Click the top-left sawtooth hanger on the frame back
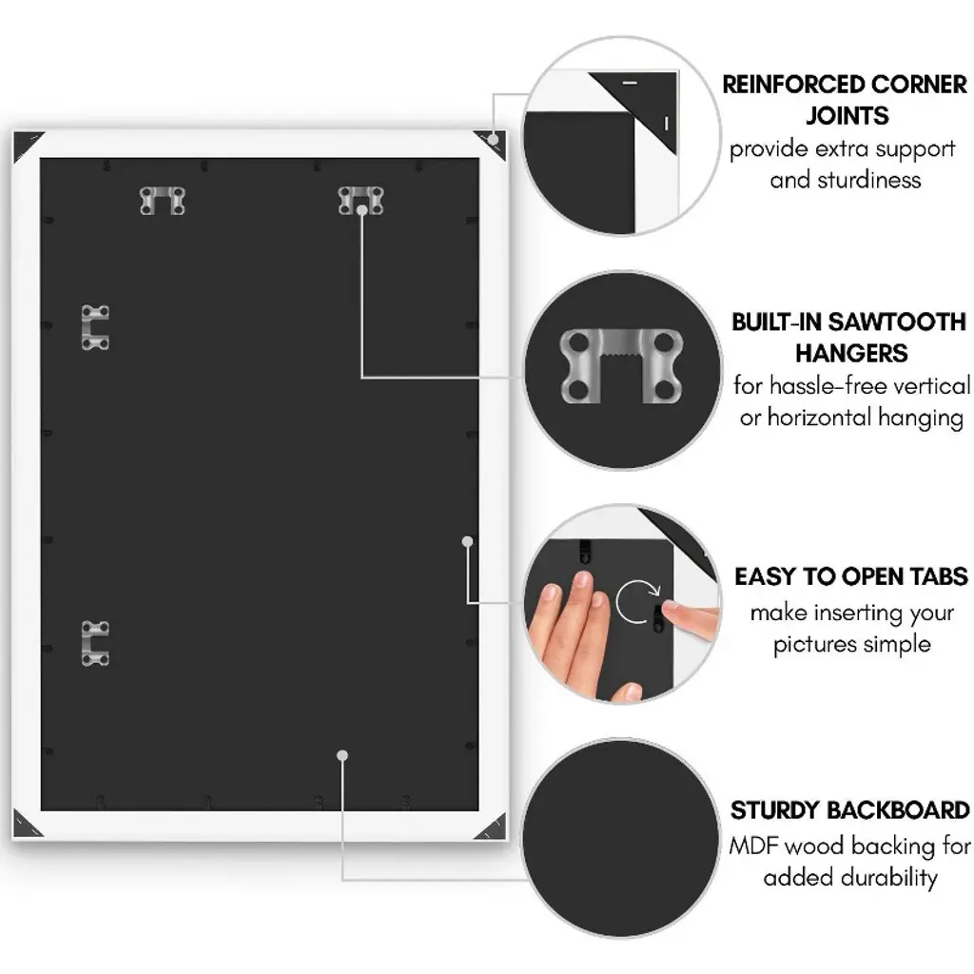[x=162, y=201]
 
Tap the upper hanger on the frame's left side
[x=94, y=327]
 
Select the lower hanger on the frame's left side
[x=94, y=644]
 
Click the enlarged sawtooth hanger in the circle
[x=621, y=365]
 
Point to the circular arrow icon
[x=637, y=601]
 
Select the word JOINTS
[x=847, y=116]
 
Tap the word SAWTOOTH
[x=897, y=321]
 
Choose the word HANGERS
[x=851, y=354]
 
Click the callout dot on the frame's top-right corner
[x=494, y=139]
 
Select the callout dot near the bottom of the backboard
[x=342, y=755]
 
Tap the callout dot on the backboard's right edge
[x=467, y=541]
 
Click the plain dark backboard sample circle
[x=620, y=838]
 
